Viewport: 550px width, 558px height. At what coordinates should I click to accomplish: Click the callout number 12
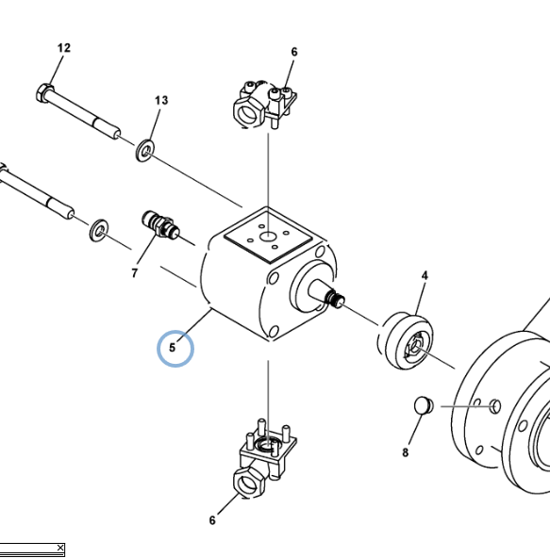coord(64,48)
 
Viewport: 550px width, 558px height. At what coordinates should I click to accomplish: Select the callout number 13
coord(161,100)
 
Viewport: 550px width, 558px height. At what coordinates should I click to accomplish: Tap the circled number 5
coord(173,348)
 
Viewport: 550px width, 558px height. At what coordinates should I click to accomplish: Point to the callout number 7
coord(134,273)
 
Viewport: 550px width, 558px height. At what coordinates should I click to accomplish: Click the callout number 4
coord(425,275)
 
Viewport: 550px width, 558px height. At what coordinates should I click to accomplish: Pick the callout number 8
coord(406,452)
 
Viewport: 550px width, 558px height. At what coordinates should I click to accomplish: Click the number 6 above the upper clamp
coord(294,52)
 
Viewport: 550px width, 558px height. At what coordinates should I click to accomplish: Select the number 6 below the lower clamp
coord(212,520)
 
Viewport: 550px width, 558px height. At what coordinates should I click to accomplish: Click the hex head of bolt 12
coord(44,93)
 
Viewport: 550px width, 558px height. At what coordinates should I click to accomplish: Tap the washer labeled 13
coord(144,151)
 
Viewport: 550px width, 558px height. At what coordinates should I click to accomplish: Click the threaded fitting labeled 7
coord(160,224)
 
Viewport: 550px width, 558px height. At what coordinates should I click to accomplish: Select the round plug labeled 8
coord(424,405)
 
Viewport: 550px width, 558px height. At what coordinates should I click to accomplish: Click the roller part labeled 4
coord(406,341)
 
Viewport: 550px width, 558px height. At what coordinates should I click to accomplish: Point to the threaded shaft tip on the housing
coord(336,300)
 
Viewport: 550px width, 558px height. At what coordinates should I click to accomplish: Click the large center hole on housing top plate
coord(267,237)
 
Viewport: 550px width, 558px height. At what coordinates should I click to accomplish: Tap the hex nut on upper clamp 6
coord(248,112)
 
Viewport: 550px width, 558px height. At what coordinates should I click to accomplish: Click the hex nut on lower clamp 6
coord(248,483)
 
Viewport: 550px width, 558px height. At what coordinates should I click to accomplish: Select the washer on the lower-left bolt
coord(99,230)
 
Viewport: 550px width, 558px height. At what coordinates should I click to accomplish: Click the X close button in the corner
coord(60,548)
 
